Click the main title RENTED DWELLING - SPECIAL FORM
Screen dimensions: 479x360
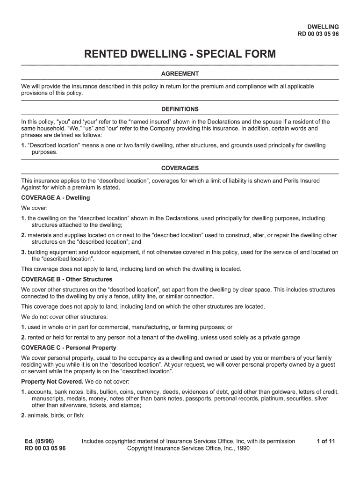click(x=180, y=55)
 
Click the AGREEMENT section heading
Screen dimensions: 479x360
click(x=180, y=74)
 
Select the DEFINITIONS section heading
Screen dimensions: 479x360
click(x=180, y=109)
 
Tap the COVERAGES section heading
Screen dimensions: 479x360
click(x=180, y=168)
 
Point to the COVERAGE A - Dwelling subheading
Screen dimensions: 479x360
click(x=56, y=198)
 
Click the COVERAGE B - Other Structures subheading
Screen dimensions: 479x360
click(x=66, y=279)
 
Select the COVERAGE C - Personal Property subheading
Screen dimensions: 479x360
click(x=69, y=348)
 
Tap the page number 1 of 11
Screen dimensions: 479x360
click(x=326, y=441)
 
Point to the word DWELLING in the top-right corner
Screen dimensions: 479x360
click(x=323, y=27)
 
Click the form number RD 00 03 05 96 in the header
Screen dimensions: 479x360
click(x=318, y=34)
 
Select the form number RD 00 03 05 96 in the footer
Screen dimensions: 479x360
click(x=45, y=449)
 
